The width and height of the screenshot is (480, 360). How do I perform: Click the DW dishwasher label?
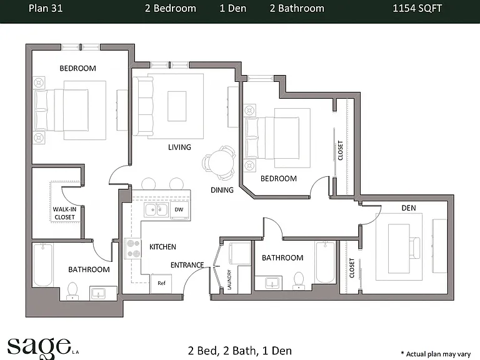(x=179, y=210)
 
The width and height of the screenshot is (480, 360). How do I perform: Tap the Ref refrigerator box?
(x=161, y=284)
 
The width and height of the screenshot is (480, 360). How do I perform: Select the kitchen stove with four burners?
(x=132, y=249)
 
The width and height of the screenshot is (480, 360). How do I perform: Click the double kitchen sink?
(x=156, y=210)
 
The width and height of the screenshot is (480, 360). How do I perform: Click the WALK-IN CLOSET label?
(x=64, y=213)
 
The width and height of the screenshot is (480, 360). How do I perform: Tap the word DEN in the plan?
(x=409, y=208)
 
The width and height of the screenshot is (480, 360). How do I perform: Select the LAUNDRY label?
(x=229, y=280)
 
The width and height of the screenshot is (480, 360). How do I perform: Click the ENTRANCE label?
(x=187, y=265)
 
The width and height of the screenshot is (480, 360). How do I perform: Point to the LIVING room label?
(x=179, y=147)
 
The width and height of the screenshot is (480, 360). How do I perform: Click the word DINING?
(x=222, y=190)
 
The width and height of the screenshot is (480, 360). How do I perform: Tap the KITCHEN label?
(x=162, y=247)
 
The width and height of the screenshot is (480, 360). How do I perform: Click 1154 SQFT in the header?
(x=417, y=8)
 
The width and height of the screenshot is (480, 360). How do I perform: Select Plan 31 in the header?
(x=46, y=8)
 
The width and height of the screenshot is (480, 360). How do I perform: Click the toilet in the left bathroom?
(x=72, y=291)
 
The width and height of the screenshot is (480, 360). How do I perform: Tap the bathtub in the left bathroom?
(x=43, y=265)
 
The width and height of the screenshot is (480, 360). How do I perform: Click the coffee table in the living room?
(x=177, y=106)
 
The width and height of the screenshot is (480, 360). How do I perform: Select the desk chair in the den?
(x=415, y=248)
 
